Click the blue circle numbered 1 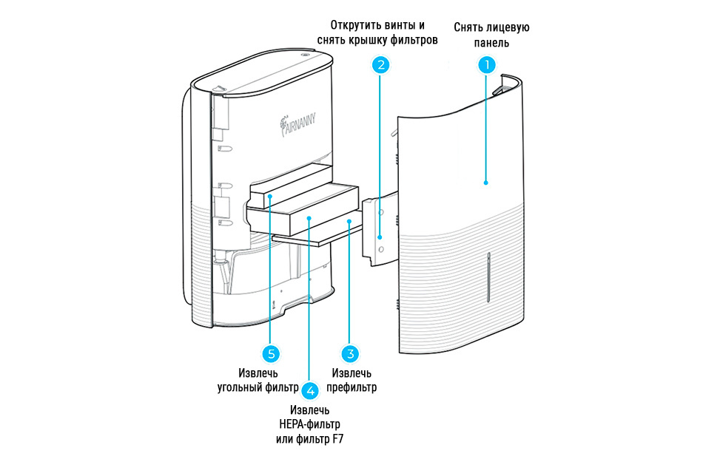(486, 65)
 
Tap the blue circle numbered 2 (380, 65)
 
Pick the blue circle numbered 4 (310, 390)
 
